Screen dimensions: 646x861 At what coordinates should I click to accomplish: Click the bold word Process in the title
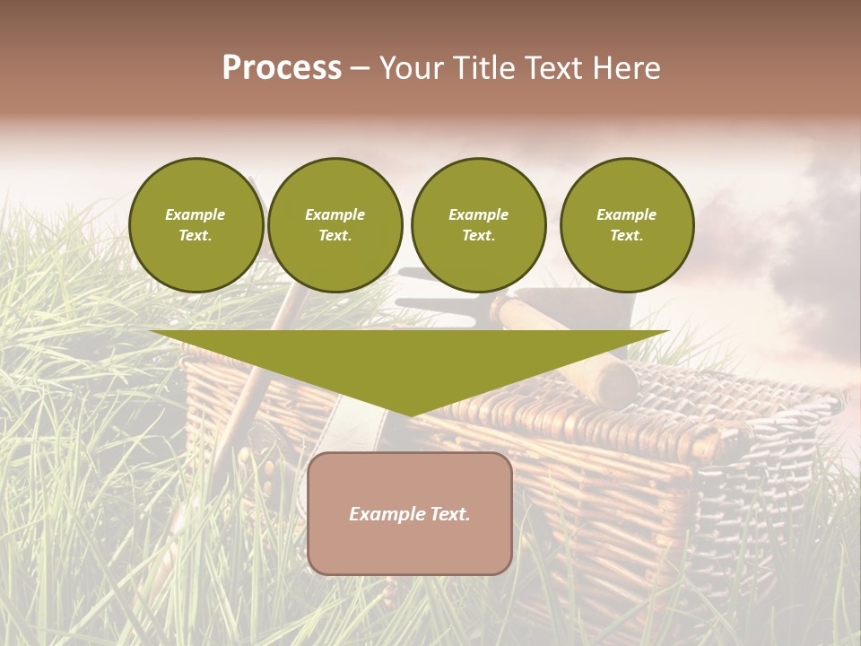(x=282, y=68)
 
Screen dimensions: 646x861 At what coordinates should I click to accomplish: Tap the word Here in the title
(x=625, y=68)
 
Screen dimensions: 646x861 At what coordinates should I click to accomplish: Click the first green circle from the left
(x=196, y=225)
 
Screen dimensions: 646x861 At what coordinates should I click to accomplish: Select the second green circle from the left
(x=335, y=225)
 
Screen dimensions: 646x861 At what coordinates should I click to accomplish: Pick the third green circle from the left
(x=478, y=225)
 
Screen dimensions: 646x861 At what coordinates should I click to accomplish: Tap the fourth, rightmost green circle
(x=626, y=225)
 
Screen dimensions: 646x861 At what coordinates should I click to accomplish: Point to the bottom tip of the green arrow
(x=410, y=415)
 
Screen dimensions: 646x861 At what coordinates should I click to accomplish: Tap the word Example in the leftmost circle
(x=196, y=214)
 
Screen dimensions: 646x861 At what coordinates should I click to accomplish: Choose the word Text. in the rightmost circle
(x=626, y=236)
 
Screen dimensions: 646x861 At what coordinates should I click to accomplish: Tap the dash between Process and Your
(x=360, y=69)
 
